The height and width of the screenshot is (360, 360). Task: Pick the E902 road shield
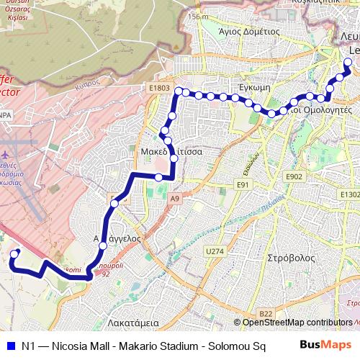(294, 176)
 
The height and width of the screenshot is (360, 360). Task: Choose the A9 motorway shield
(174, 198)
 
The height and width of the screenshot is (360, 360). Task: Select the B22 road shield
(266, 313)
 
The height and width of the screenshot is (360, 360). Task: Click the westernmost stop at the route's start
(16, 253)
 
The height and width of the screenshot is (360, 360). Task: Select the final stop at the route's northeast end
(348, 63)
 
